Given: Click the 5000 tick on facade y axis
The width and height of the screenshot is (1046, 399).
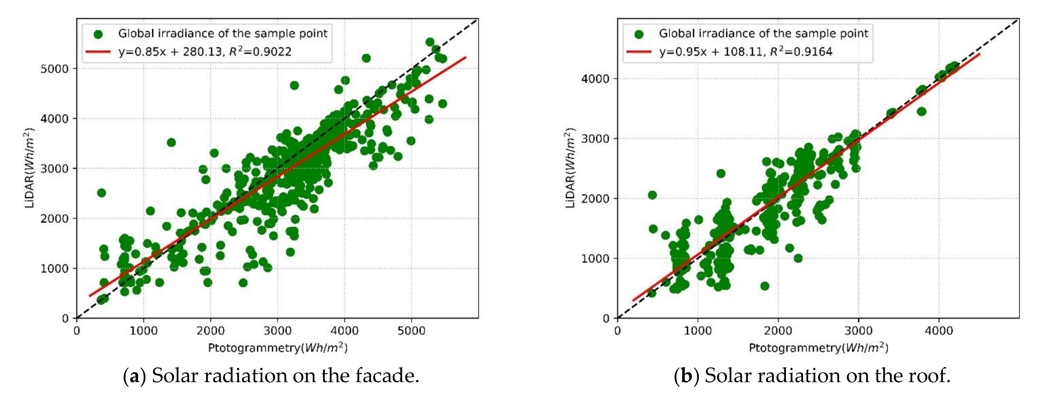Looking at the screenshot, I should [x=54, y=69].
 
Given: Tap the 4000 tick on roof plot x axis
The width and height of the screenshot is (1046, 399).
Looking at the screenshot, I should [x=939, y=330].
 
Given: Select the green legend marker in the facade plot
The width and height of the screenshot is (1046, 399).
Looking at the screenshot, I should [x=98, y=34].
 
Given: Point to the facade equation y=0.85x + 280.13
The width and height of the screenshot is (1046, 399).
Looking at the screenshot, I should [x=171, y=52].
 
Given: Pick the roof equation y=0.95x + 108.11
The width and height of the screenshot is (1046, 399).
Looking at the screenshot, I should [x=711, y=52].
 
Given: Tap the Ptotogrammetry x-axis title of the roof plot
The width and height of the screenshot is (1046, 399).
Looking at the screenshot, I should [x=818, y=348].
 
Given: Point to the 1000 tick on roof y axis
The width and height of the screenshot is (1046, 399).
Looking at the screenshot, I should [x=595, y=258].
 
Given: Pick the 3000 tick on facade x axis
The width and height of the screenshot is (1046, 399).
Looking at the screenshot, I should [x=277, y=330].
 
